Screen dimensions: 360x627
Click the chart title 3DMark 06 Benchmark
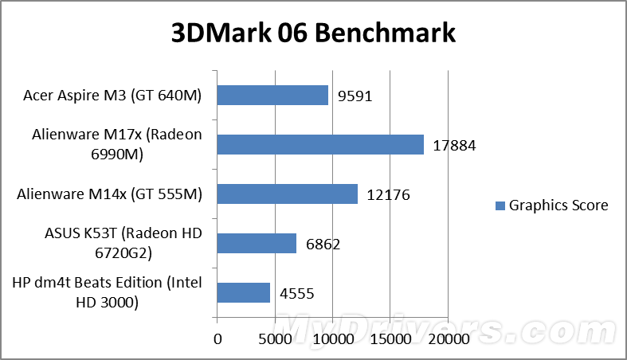[x=313, y=33]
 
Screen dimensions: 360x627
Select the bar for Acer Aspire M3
[x=272, y=96]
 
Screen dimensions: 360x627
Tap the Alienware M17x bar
[x=319, y=144]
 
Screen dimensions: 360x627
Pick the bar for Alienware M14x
[x=287, y=194]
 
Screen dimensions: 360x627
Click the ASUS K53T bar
[x=256, y=243]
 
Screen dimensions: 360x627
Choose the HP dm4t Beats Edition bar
[x=243, y=292]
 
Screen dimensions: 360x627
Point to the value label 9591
[x=355, y=96]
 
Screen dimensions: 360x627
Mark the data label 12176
[x=389, y=195]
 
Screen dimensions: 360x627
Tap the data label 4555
[x=296, y=294]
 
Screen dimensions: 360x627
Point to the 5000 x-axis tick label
[x=274, y=338]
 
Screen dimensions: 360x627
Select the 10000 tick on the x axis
[x=331, y=338]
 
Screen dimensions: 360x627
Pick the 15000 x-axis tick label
[x=390, y=338]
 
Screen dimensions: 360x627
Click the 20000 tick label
[x=447, y=338]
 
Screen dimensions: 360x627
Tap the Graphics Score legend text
[x=558, y=205]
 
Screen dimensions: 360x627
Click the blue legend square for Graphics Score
[x=500, y=206]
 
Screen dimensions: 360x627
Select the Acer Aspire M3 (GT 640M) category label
[x=112, y=96]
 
